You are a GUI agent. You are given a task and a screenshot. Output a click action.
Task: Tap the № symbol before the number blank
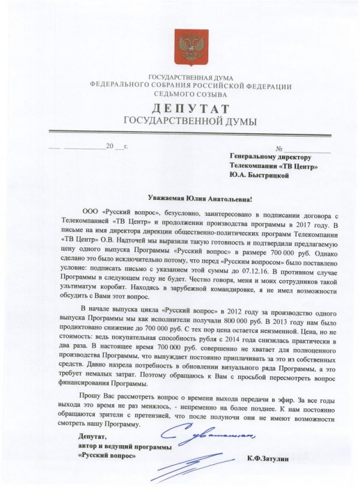[x=278, y=148]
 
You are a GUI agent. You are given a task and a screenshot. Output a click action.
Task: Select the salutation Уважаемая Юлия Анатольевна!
[x=200, y=199]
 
